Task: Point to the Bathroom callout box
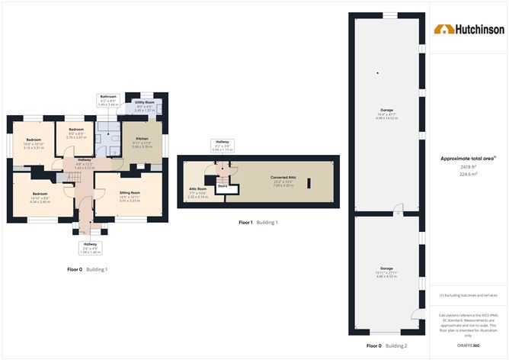point(107,101)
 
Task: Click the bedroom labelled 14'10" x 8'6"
point(40,198)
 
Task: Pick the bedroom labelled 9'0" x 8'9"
point(76,133)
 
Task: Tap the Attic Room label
point(197,192)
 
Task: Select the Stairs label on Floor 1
point(223,185)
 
